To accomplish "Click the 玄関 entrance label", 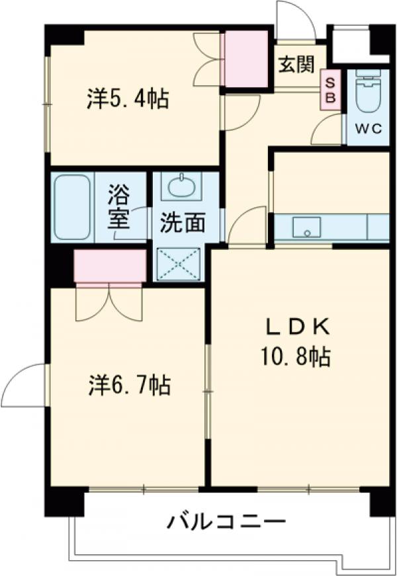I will [296, 66].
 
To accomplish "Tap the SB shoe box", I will [330, 87].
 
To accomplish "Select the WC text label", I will [368, 129].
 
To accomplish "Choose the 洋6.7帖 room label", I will [129, 385].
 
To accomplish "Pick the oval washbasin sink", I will [181, 187].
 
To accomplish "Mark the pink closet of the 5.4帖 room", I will [245, 60].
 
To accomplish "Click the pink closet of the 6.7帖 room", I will [109, 267].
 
